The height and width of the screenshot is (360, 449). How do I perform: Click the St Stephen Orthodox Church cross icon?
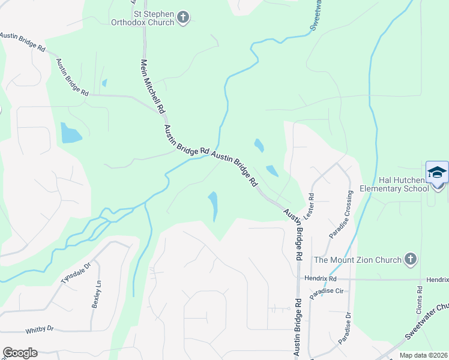(x=184, y=17)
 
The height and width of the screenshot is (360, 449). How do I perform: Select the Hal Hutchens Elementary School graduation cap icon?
(x=437, y=172)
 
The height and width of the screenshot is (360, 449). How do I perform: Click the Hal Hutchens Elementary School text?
(x=394, y=184)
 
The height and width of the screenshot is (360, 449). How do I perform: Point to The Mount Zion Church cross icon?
(x=410, y=259)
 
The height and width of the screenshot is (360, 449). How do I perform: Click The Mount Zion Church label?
(x=358, y=260)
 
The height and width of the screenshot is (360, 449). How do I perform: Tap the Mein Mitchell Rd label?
(x=152, y=86)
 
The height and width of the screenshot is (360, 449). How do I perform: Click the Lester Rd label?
(x=310, y=205)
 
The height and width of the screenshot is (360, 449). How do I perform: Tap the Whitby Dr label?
(x=40, y=329)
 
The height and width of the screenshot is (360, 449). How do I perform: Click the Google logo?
(x=20, y=353)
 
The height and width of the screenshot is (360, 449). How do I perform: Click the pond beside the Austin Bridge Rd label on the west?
(x=70, y=133)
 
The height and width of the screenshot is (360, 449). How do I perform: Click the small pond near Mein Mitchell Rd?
(x=104, y=83)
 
